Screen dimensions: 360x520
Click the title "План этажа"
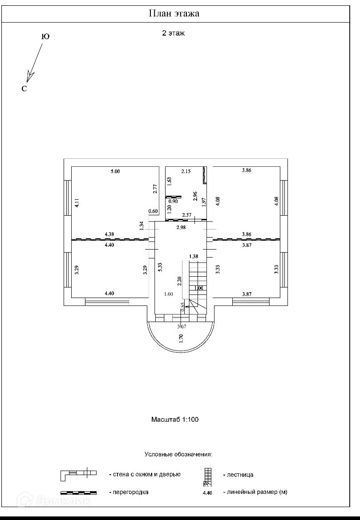tap(174, 14)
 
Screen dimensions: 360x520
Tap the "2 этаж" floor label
tap(173, 33)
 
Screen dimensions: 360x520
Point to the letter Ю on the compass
tap(45, 36)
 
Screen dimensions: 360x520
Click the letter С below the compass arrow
tap(24, 89)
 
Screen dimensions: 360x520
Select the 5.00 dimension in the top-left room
tap(115, 171)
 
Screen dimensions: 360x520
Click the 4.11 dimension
tap(77, 203)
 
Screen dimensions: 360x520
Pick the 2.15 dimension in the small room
tap(186, 171)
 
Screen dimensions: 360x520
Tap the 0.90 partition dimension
tap(173, 202)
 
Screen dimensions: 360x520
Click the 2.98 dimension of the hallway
tap(181, 227)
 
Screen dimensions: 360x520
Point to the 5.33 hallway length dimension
tap(160, 267)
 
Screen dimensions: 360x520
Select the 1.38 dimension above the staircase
tap(194, 256)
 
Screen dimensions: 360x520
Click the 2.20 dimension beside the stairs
tap(179, 281)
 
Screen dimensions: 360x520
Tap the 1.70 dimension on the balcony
tap(181, 338)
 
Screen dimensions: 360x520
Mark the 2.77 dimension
tap(155, 189)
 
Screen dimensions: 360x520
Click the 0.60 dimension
tap(153, 211)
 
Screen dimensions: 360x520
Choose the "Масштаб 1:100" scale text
tap(175, 419)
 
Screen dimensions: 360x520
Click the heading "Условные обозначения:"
tap(178, 454)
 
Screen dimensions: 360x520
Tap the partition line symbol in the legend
tap(78, 493)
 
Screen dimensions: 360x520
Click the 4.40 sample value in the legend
tap(207, 493)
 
